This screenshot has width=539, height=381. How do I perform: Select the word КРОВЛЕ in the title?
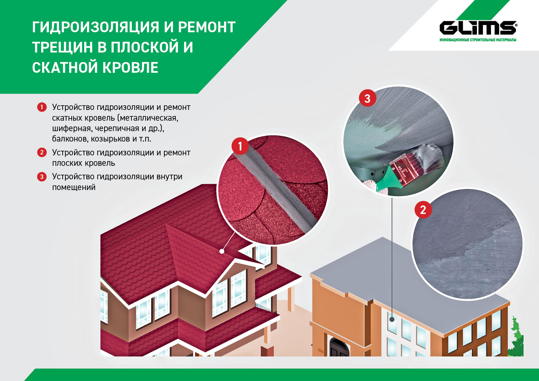[x=130, y=68]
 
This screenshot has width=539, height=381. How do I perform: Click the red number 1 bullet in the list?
[x=42, y=107]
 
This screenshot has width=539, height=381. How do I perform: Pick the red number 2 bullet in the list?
[x=42, y=152]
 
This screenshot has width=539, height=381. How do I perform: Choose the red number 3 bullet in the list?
[x=42, y=177]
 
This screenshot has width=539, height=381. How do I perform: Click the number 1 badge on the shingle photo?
[x=240, y=146]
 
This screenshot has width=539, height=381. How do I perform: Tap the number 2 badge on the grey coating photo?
[x=423, y=210]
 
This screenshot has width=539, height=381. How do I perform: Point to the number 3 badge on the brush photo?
[x=368, y=98]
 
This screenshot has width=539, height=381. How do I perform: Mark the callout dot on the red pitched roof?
[x=222, y=251]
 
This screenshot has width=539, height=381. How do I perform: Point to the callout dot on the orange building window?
[x=392, y=319]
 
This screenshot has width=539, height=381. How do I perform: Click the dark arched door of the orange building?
[x=339, y=347]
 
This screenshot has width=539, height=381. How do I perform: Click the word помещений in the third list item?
[x=74, y=187]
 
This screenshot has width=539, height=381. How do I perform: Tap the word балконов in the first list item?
[x=70, y=139]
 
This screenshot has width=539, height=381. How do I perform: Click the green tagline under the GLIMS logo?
[x=478, y=40]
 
